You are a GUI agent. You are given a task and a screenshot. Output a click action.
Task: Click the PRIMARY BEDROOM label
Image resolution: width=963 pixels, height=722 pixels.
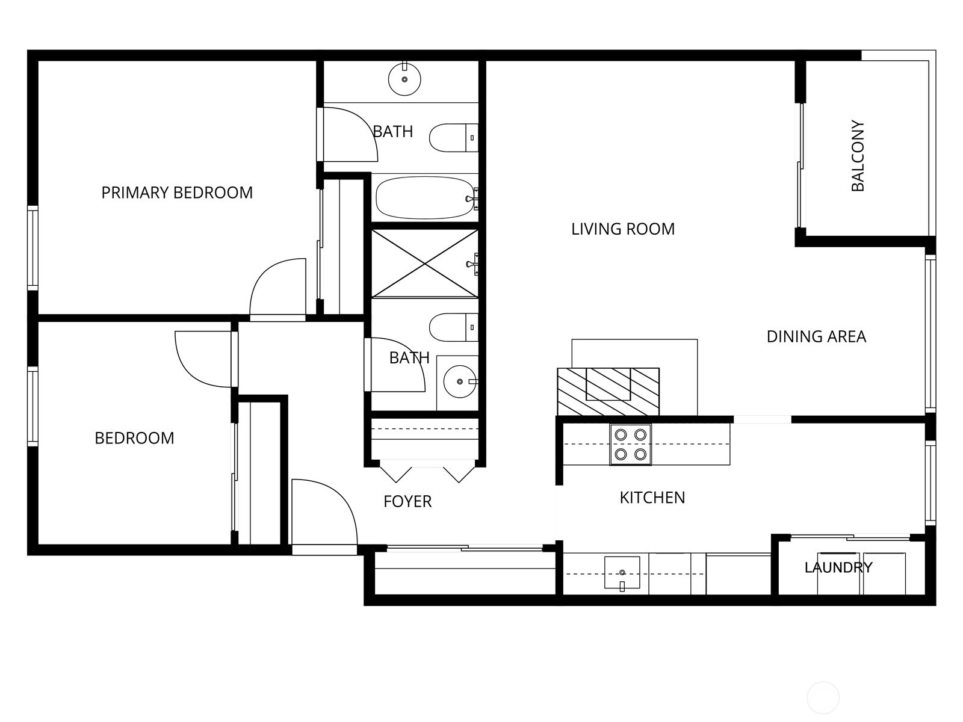(x=177, y=193)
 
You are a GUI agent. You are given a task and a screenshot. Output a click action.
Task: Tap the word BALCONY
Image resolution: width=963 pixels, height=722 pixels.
(x=858, y=156)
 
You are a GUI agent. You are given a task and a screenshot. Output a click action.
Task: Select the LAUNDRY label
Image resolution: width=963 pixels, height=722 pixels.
(x=838, y=567)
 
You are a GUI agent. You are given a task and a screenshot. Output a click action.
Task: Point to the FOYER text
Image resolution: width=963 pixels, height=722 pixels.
(x=407, y=501)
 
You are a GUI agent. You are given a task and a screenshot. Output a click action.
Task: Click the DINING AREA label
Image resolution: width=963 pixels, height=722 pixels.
(x=816, y=336)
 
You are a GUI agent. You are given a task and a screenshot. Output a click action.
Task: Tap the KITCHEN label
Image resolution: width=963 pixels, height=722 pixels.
(x=652, y=498)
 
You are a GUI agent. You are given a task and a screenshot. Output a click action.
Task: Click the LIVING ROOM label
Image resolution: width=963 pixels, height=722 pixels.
(x=623, y=229)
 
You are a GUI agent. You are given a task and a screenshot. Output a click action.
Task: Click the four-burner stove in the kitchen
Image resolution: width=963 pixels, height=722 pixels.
(x=630, y=445)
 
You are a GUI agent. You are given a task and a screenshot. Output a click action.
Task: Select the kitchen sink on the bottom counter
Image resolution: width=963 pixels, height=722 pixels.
(x=622, y=572)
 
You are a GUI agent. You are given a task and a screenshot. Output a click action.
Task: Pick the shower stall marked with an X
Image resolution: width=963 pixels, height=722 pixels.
(x=424, y=263)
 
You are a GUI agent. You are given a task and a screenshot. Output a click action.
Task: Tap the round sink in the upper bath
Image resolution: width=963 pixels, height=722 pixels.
(x=404, y=79)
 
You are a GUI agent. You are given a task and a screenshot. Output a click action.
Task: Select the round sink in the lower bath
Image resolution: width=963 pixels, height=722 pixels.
(x=460, y=381)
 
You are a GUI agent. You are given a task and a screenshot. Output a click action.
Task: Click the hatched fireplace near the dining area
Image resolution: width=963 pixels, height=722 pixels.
(x=608, y=391)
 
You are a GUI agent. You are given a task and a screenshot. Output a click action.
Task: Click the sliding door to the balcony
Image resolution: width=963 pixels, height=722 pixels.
(x=800, y=165)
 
